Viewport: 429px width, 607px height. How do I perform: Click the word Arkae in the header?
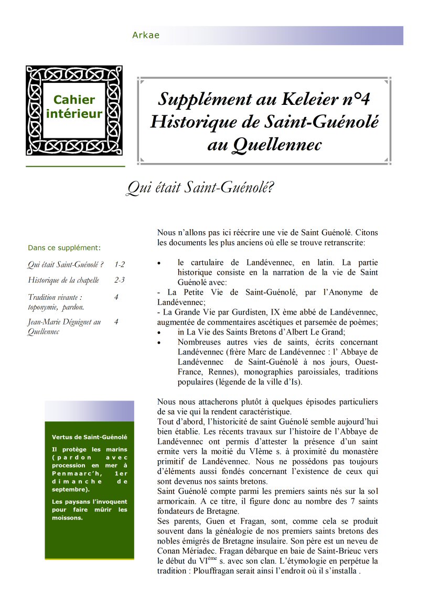pyautogui.click(x=146, y=36)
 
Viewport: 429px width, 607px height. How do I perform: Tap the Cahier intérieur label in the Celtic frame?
pyautogui.click(x=74, y=106)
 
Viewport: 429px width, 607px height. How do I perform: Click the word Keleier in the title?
pyautogui.click(x=309, y=99)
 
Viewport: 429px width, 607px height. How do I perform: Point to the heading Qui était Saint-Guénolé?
pyautogui.click(x=200, y=188)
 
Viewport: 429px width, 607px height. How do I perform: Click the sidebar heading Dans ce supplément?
pyautogui.click(x=64, y=248)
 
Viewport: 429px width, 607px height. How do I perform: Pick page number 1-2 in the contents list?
pyautogui.click(x=119, y=265)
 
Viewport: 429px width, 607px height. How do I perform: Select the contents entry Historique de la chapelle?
pyautogui.click(x=63, y=280)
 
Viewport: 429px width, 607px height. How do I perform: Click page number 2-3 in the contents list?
pyautogui.click(x=119, y=280)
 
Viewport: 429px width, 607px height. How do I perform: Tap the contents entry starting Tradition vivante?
pyautogui.click(x=55, y=302)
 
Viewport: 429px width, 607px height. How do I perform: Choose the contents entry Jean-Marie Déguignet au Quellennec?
pyautogui.click(x=64, y=327)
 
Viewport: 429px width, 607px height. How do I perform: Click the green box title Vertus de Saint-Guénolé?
pyautogui.click(x=89, y=437)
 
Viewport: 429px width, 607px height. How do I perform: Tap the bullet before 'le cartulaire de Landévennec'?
pyautogui.click(x=159, y=263)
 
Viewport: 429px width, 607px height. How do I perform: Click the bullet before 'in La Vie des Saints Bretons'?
pyautogui.click(x=159, y=332)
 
